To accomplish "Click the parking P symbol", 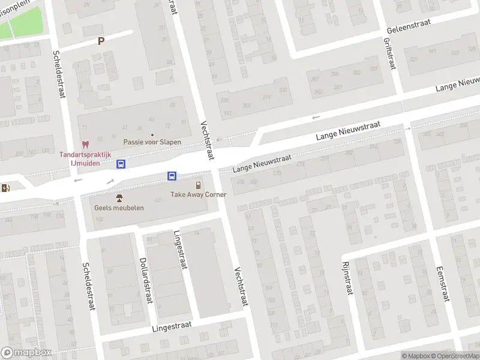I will point(101,41).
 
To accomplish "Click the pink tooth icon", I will point(85,145).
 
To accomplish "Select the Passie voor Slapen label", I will point(152,142).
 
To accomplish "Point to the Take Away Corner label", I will point(198,194).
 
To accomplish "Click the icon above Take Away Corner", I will point(198,185).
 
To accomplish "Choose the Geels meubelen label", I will point(119,208).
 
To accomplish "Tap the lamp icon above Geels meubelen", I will point(119,198).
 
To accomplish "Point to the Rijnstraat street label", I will point(346,278).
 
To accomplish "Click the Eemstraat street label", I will point(442,284).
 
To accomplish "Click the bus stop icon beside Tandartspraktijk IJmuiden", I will point(121,164).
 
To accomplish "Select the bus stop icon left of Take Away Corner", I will point(172,176).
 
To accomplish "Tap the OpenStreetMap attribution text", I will point(454,356).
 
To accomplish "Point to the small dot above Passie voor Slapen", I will point(152,134).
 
